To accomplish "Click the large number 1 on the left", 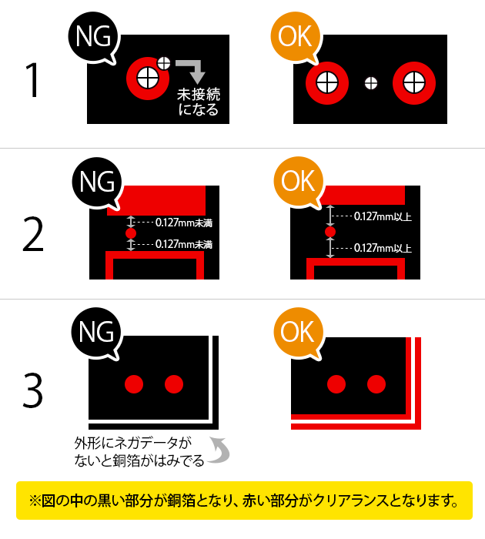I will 32,81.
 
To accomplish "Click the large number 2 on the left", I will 32,236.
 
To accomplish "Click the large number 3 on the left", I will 32,390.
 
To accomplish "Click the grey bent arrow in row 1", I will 192,69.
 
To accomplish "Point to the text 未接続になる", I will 198,102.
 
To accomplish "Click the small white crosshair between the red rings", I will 371,82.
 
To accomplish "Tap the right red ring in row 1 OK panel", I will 414,81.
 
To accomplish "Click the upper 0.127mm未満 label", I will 183,223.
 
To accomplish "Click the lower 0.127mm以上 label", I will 383,248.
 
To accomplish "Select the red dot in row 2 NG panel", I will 130,233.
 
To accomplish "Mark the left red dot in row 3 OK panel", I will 336,383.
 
